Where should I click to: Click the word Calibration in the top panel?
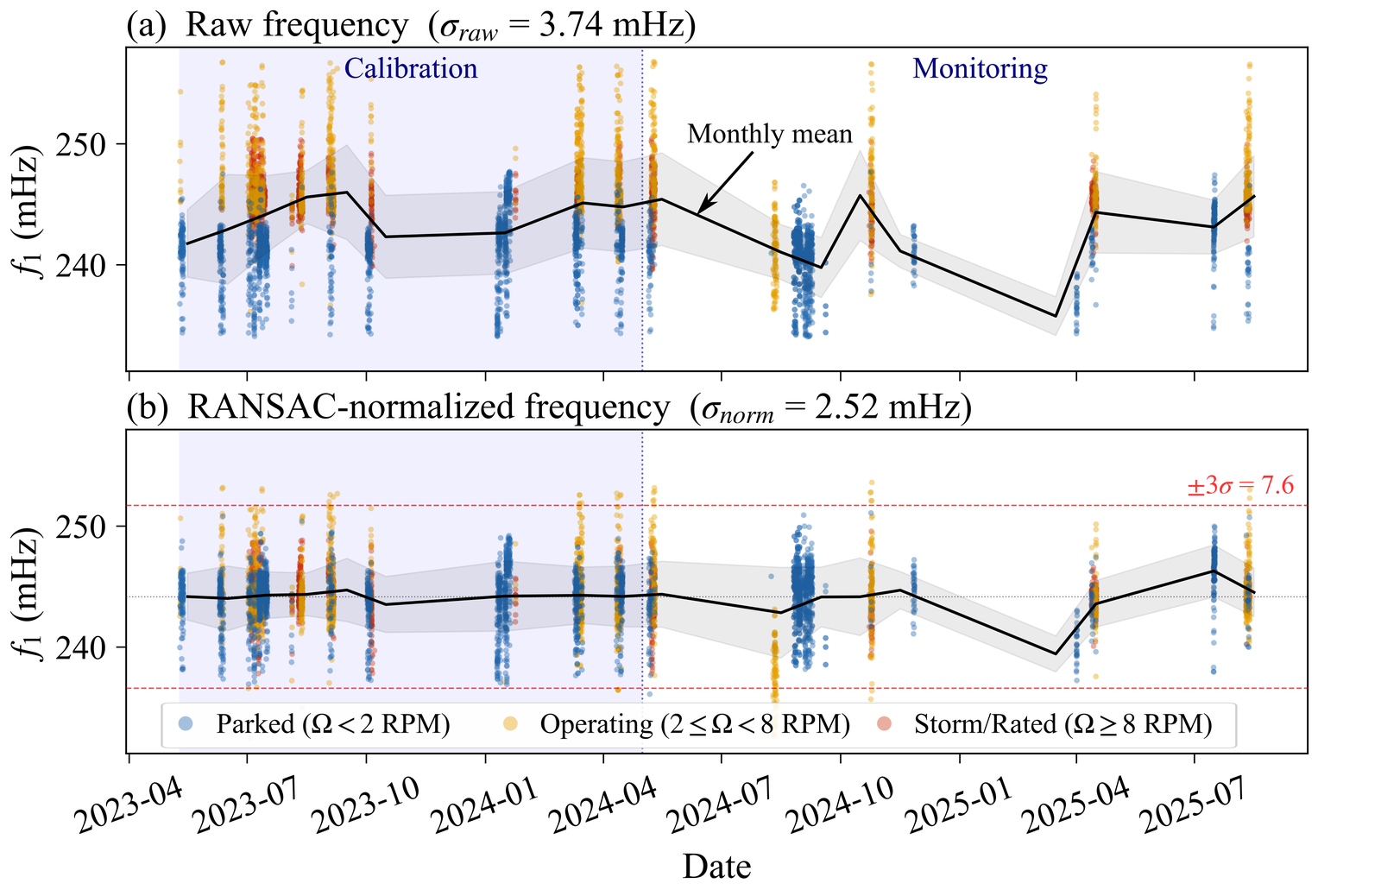[411, 69]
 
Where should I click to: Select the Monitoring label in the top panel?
[980, 69]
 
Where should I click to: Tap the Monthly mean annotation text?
[770, 135]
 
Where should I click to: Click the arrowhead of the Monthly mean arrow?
[699, 211]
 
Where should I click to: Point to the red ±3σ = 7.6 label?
[1240, 486]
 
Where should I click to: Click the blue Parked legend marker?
[183, 724]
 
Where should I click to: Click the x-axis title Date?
[716, 867]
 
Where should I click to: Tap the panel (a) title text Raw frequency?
[297, 26]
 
